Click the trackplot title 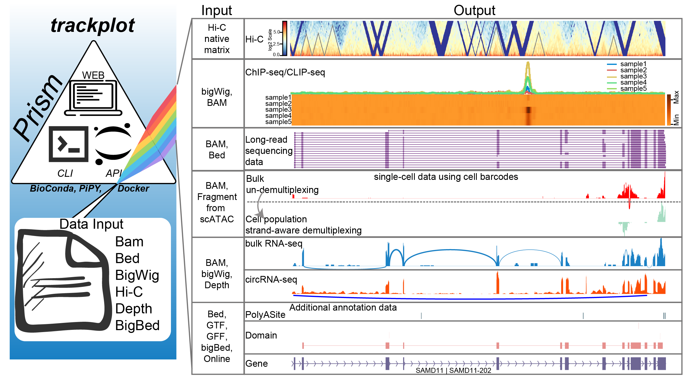(x=93, y=26)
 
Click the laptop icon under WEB (x=93, y=98)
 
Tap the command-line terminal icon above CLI (x=68, y=144)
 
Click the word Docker (x=133, y=189)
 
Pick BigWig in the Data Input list (x=137, y=275)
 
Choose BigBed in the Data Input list (x=137, y=325)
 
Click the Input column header (x=216, y=11)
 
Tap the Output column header (x=474, y=11)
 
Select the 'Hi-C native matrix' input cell (x=217, y=39)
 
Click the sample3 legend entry (x=633, y=76)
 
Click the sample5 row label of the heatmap (x=278, y=122)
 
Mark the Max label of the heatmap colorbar (x=676, y=97)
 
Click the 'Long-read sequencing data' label (x=268, y=151)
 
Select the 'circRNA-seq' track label (x=271, y=280)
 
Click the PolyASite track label (x=265, y=315)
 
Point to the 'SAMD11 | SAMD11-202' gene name (x=453, y=371)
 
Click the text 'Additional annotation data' (x=343, y=308)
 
